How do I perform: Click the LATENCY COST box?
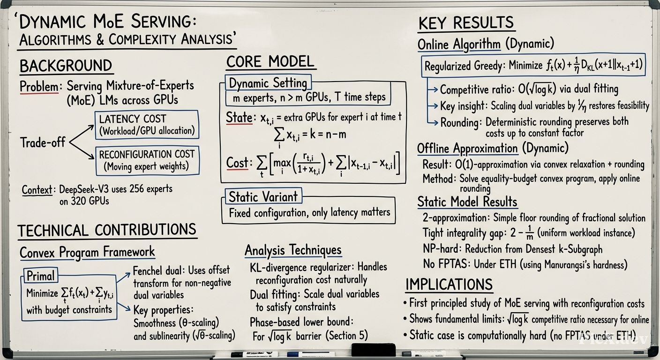point(147,125)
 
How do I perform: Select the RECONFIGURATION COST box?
point(147,161)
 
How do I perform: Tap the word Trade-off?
point(43,142)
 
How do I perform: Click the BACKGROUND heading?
point(66,66)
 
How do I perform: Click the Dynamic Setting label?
point(268,83)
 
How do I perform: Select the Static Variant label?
point(263,196)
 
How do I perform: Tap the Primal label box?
point(40,276)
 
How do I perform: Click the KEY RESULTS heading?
point(466,22)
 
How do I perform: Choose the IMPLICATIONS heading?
point(449,284)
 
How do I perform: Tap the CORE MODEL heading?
point(270,62)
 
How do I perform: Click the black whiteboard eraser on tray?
point(374,350)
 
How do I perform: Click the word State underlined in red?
point(239,118)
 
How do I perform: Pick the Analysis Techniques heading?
point(293,250)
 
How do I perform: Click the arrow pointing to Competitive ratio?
point(432,89)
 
